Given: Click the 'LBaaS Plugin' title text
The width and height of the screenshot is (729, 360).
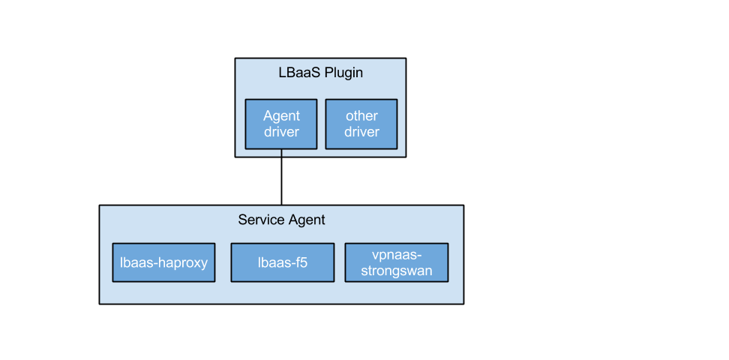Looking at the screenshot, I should pos(320,73).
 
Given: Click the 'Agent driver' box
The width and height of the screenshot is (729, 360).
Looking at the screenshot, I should pos(281,124).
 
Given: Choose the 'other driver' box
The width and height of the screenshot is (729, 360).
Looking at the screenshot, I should pos(361,124).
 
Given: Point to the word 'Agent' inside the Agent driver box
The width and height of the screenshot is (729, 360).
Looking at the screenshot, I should pos(281,115).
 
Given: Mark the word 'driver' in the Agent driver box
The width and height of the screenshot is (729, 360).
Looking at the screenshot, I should pos(281,132).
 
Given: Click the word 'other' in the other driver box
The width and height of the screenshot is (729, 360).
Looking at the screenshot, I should pos(361,115).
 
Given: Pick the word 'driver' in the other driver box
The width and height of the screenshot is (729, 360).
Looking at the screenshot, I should pos(361,132).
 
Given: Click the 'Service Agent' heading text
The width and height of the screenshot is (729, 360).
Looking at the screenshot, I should pos(281,220).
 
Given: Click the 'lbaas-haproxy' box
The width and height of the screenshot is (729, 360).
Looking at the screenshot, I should pos(163,262).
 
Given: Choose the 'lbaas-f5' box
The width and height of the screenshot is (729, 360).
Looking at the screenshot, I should pos(282,262).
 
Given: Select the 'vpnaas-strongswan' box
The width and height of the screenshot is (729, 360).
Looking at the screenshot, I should pos(396,262).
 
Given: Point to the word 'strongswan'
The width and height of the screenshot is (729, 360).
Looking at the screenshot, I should pos(396,271).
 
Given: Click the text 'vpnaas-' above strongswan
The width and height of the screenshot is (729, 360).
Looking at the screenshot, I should pos(396,255).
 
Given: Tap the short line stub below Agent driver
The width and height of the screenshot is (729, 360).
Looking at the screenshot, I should pos(281,154).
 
